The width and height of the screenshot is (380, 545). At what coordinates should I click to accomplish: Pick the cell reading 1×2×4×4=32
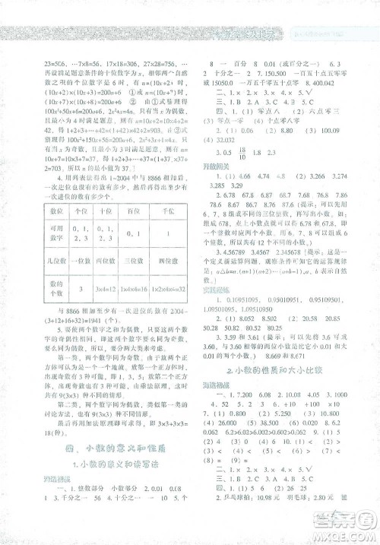pyautogui.click(x=163, y=290)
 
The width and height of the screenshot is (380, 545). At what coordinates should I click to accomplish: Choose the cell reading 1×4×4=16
pyautogui.click(x=122, y=290)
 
